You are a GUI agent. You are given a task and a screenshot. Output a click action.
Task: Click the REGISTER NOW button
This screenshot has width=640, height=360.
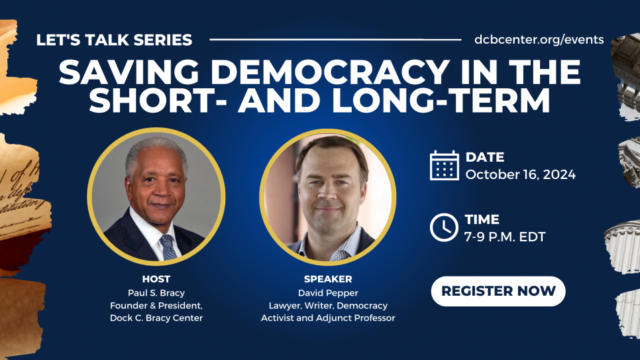pyautogui.click(x=498, y=291)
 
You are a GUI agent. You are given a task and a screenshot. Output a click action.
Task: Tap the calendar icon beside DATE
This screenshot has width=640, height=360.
pyautogui.click(x=444, y=166)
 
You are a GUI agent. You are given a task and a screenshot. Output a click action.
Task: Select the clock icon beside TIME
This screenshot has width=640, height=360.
pyautogui.click(x=444, y=227)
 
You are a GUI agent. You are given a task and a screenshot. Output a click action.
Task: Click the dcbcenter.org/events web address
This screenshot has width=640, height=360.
pyautogui.click(x=539, y=40)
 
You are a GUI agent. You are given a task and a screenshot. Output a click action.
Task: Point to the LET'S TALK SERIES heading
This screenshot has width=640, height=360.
pyautogui.click(x=114, y=40)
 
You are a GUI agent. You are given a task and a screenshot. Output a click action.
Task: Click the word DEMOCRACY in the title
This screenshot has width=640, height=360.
pyautogui.click(x=330, y=72)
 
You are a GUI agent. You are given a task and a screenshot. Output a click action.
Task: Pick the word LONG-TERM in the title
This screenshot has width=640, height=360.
pyautogui.click(x=441, y=101)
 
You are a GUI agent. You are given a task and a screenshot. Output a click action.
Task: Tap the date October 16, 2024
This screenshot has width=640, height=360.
pyautogui.click(x=520, y=174)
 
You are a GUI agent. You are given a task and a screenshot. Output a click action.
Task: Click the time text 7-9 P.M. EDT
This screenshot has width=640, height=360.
pyautogui.click(x=505, y=237)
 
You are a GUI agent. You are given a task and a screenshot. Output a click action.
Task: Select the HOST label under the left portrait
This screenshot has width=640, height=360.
pyautogui.click(x=156, y=279)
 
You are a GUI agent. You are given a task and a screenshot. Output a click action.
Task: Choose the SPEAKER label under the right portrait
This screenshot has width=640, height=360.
pyautogui.click(x=328, y=279)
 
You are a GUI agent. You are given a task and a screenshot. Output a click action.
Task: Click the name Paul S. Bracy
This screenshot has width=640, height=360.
pyautogui.click(x=156, y=293)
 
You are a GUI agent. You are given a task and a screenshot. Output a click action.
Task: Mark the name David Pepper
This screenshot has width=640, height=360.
pyautogui.click(x=328, y=293)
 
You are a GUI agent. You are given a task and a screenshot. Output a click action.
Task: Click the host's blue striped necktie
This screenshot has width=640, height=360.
pyautogui.click(x=168, y=247)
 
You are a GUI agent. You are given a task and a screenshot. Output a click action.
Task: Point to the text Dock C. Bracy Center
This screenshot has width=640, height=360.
pyautogui.click(x=156, y=318)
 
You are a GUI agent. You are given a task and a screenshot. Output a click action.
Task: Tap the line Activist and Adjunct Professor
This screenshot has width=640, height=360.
pyautogui.click(x=328, y=318)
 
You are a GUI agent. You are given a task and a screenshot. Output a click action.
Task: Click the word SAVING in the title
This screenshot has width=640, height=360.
pyautogui.click(x=129, y=72)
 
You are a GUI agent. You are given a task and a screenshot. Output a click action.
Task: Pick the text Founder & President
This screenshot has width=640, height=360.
pyautogui.click(x=156, y=306)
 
